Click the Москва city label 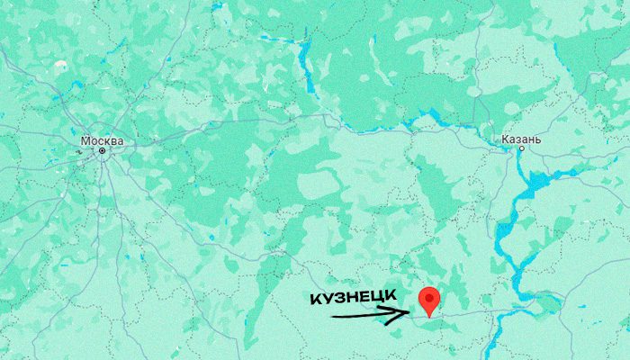click(102, 141)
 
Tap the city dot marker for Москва click(102, 151)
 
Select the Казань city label click(522, 140)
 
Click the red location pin click(430, 299)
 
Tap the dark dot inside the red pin click(430, 295)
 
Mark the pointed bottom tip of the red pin click(430, 316)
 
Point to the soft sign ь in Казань click(538, 140)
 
